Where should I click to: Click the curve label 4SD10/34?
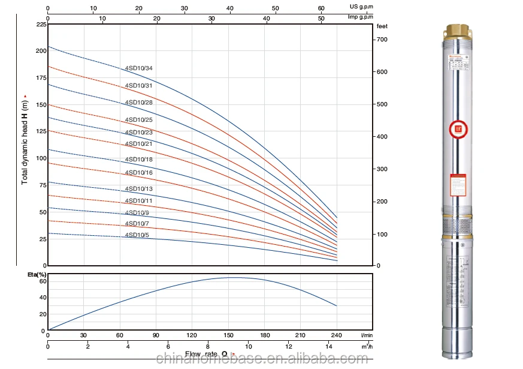[x=138, y=68]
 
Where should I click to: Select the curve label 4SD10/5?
[x=137, y=235]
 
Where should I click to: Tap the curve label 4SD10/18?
[x=138, y=160]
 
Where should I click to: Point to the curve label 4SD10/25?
[x=138, y=120]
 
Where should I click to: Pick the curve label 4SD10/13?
[x=138, y=189]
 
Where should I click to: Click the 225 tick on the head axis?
[x=41, y=25]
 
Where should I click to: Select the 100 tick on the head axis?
[x=41, y=158]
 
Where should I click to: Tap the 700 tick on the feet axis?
[x=382, y=40]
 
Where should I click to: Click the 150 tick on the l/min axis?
[x=228, y=335]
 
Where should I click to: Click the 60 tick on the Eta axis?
[x=43, y=281]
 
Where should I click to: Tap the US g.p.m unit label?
[x=361, y=6]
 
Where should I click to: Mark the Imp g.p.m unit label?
[x=361, y=17]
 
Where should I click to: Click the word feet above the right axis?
[x=382, y=26]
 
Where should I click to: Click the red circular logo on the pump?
[x=459, y=129]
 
